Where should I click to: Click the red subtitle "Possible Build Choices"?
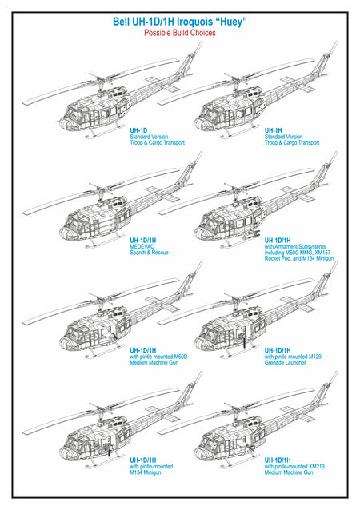180,33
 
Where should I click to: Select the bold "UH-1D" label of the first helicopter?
138,130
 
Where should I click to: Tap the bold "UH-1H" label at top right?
273,130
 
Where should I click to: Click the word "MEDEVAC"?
142,246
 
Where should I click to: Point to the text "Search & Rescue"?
149,253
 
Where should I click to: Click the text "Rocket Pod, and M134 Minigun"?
299,258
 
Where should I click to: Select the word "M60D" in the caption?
181,357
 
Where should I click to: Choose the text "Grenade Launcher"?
285,362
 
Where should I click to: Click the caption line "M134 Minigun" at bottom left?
146,472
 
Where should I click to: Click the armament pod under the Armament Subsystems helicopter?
254,233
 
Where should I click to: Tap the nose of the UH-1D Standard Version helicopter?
65,124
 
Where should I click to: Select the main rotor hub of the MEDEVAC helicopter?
98,189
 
